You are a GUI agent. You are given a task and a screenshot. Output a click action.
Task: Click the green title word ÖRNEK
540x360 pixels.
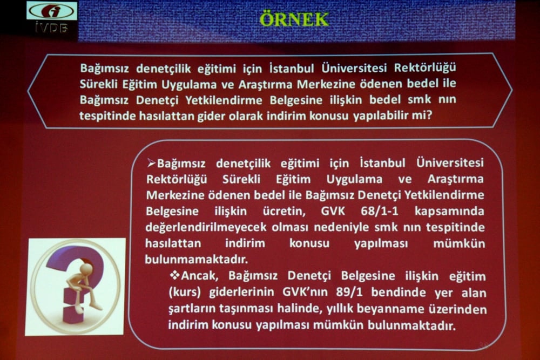(x=294, y=19)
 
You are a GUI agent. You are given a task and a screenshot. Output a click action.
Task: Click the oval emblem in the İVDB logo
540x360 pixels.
(x=52, y=11)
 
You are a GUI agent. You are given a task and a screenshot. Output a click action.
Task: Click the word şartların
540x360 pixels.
(x=191, y=309)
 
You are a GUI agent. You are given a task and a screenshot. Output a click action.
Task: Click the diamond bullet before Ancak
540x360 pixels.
(x=174, y=276)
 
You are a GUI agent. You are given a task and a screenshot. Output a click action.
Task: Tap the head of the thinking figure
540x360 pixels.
(x=85, y=269)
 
